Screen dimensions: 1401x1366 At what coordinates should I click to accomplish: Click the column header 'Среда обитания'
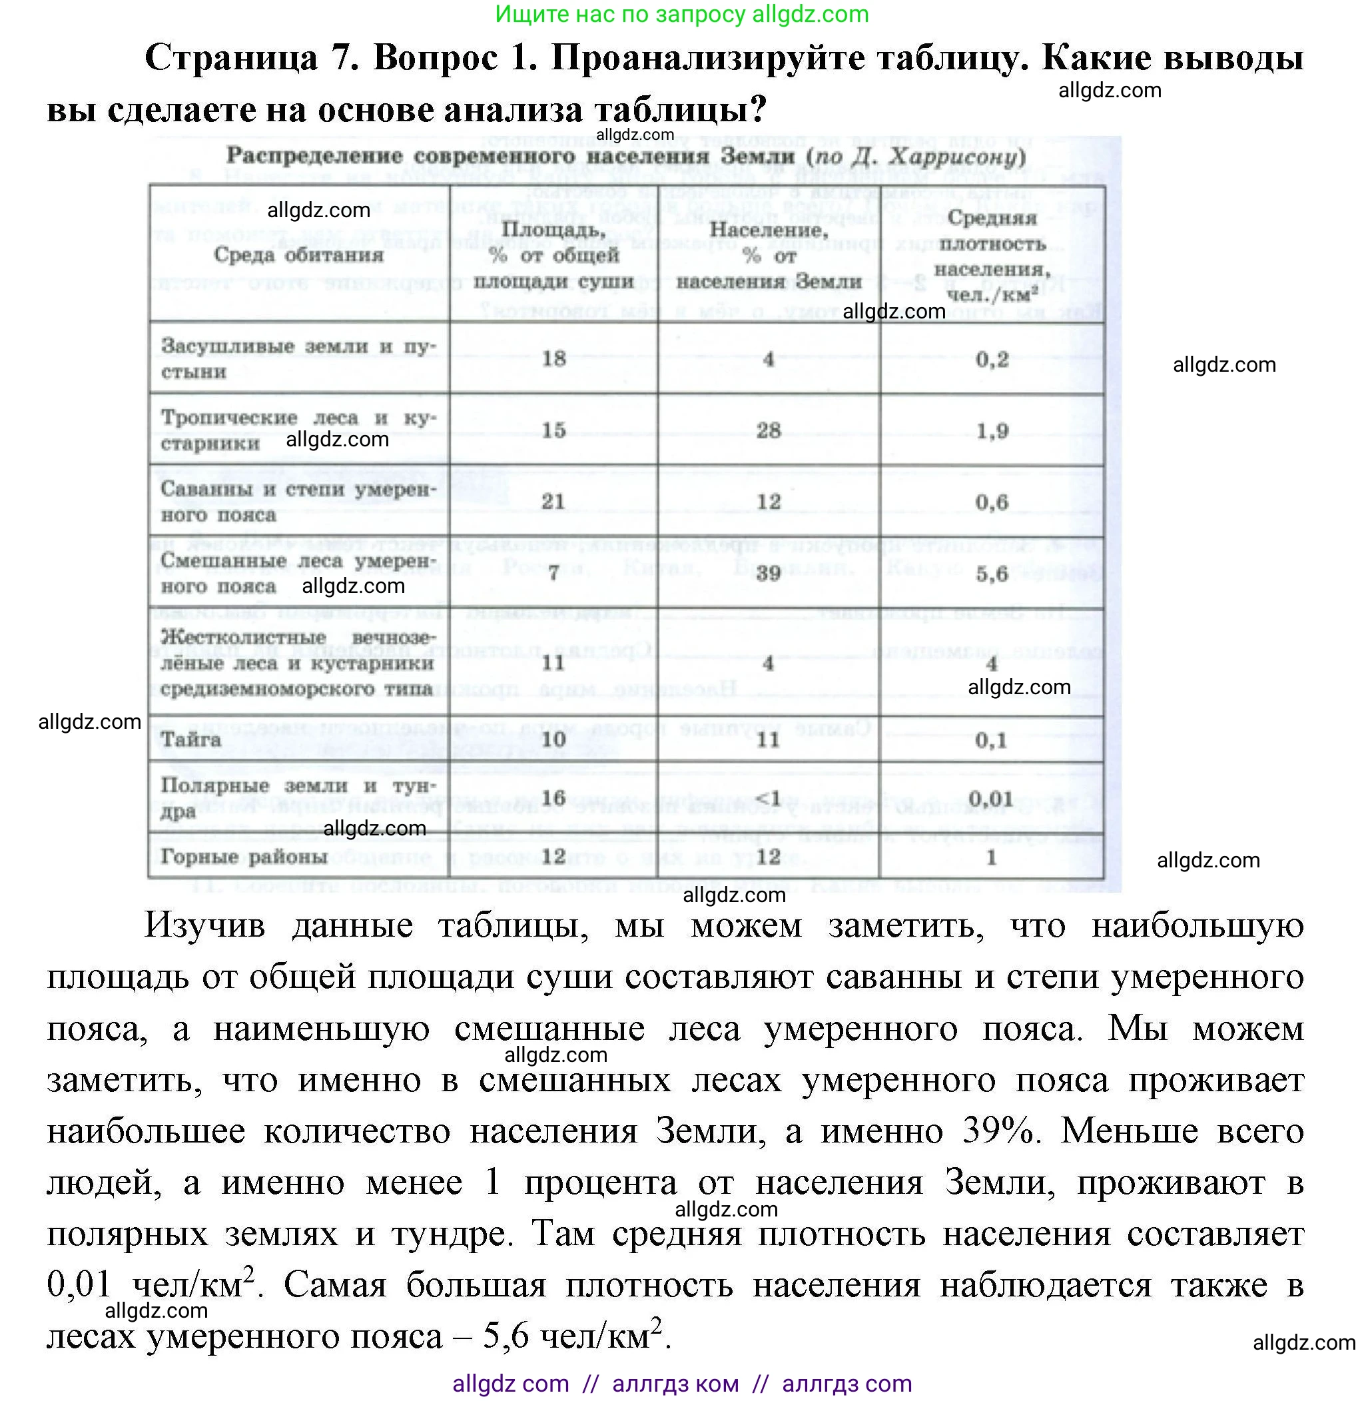[298, 254]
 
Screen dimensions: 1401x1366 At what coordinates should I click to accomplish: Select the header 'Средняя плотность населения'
[992, 256]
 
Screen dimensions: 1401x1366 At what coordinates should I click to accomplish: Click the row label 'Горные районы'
[244, 856]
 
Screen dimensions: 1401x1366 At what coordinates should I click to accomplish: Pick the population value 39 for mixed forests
[769, 573]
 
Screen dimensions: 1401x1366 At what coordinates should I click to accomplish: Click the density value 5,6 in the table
[992, 573]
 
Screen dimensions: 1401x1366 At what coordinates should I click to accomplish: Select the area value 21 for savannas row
[553, 501]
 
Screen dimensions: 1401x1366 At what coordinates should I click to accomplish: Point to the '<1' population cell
[769, 798]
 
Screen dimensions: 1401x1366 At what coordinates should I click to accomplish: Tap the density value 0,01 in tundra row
[991, 798]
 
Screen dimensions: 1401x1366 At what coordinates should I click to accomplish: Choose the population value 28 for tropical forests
[769, 430]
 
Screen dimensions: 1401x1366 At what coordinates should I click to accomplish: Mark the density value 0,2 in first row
[992, 358]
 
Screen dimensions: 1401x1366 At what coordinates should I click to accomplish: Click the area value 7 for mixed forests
[553, 574]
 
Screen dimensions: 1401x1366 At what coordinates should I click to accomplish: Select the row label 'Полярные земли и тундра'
[298, 797]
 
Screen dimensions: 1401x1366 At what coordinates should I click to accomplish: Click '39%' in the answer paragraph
[1002, 1131]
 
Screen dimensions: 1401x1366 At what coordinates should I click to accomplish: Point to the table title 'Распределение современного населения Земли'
[515, 156]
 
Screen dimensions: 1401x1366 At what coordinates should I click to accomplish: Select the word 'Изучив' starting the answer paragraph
[205, 925]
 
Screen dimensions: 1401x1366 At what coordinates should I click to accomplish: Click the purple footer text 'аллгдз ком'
[675, 1383]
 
